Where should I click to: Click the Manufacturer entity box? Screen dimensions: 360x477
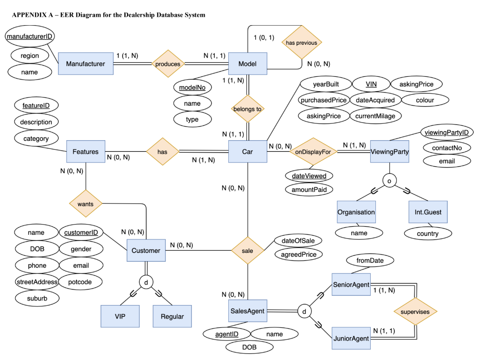tap(86, 63)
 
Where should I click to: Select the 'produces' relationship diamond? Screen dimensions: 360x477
tap(168, 63)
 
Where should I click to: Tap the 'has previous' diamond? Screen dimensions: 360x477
tap(301, 43)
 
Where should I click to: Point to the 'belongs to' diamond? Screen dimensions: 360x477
tap(247, 109)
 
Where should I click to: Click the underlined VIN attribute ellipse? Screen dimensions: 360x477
tap(371, 84)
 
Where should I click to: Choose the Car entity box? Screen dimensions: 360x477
tap(247, 151)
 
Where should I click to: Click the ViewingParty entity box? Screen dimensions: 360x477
tap(389, 151)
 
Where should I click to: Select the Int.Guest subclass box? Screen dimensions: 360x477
tap(428, 212)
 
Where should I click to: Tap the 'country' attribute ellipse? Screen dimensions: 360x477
tap(428, 233)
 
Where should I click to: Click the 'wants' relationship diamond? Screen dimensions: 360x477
tap(86, 204)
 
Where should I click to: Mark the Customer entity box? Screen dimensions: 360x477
tap(146, 251)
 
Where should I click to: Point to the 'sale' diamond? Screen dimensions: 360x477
tap(247, 251)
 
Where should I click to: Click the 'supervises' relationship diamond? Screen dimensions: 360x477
tap(416, 311)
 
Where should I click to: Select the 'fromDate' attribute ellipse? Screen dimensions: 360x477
tap(370, 260)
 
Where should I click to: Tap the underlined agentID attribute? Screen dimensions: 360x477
tap(227, 334)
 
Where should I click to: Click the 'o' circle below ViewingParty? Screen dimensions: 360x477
tap(389, 180)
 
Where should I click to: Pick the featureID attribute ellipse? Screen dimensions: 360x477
tap(36, 106)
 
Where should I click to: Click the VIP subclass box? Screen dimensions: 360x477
tap(120, 316)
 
